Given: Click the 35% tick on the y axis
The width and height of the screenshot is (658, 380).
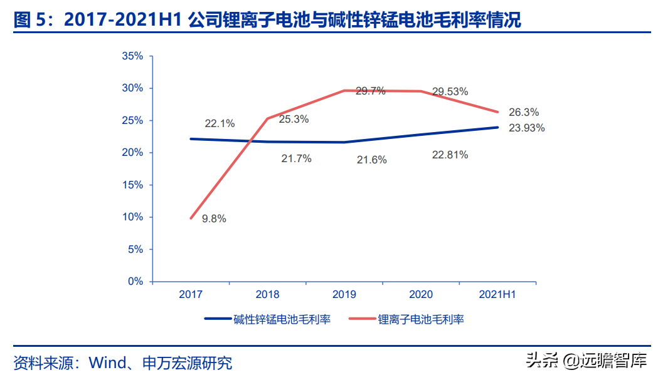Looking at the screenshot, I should click(133, 56).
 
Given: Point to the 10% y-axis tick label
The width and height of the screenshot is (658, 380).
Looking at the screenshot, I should click(133, 217).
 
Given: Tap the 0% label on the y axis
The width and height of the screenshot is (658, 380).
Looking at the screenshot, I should click(135, 282).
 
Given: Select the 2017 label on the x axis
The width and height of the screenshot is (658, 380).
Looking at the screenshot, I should click(191, 294).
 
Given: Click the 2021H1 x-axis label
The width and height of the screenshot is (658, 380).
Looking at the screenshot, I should click(497, 294).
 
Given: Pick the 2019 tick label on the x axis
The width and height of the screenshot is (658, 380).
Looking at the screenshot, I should click(344, 294).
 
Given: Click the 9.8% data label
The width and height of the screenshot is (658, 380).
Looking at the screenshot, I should click(214, 219).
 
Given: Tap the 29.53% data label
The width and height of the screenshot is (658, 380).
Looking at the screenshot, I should click(450, 91).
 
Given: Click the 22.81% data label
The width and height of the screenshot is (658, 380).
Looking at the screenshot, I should click(450, 155).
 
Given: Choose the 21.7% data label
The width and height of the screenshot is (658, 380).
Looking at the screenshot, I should click(296, 159).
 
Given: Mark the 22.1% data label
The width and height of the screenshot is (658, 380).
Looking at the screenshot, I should click(220, 123).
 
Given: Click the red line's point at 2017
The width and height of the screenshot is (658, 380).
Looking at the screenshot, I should click(191, 218).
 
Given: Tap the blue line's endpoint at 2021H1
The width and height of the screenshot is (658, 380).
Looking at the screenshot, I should click(497, 127).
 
